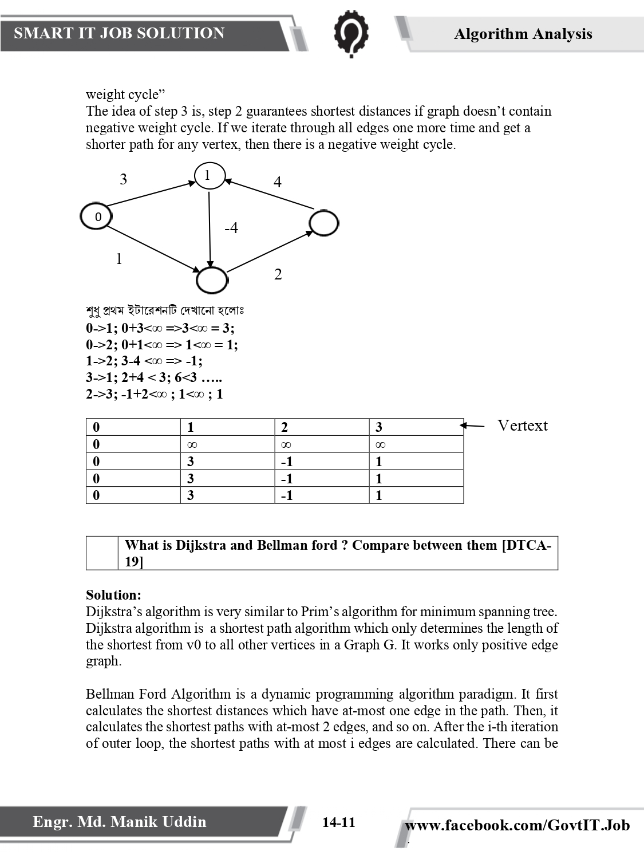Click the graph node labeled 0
click(x=96, y=216)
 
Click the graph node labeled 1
click(x=210, y=175)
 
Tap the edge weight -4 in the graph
click(x=231, y=228)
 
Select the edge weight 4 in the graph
click(x=278, y=182)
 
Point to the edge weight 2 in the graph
click(x=278, y=274)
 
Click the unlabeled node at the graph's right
click(x=323, y=223)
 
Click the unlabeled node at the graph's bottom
click(x=212, y=280)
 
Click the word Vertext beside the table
click(x=522, y=425)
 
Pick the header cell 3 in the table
click(x=379, y=427)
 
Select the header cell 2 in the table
click(x=285, y=427)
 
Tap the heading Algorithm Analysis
click(x=523, y=34)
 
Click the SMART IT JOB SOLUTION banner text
click(x=119, y=33)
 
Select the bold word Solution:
click(x=113, y=595)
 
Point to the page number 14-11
click(x=338, y=823)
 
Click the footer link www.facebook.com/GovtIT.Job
click(x=517, y=825)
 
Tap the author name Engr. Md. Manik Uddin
click(x=119, y=822)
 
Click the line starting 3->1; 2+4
click(x=154, y=377)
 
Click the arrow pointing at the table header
click(x=472, y=425)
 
